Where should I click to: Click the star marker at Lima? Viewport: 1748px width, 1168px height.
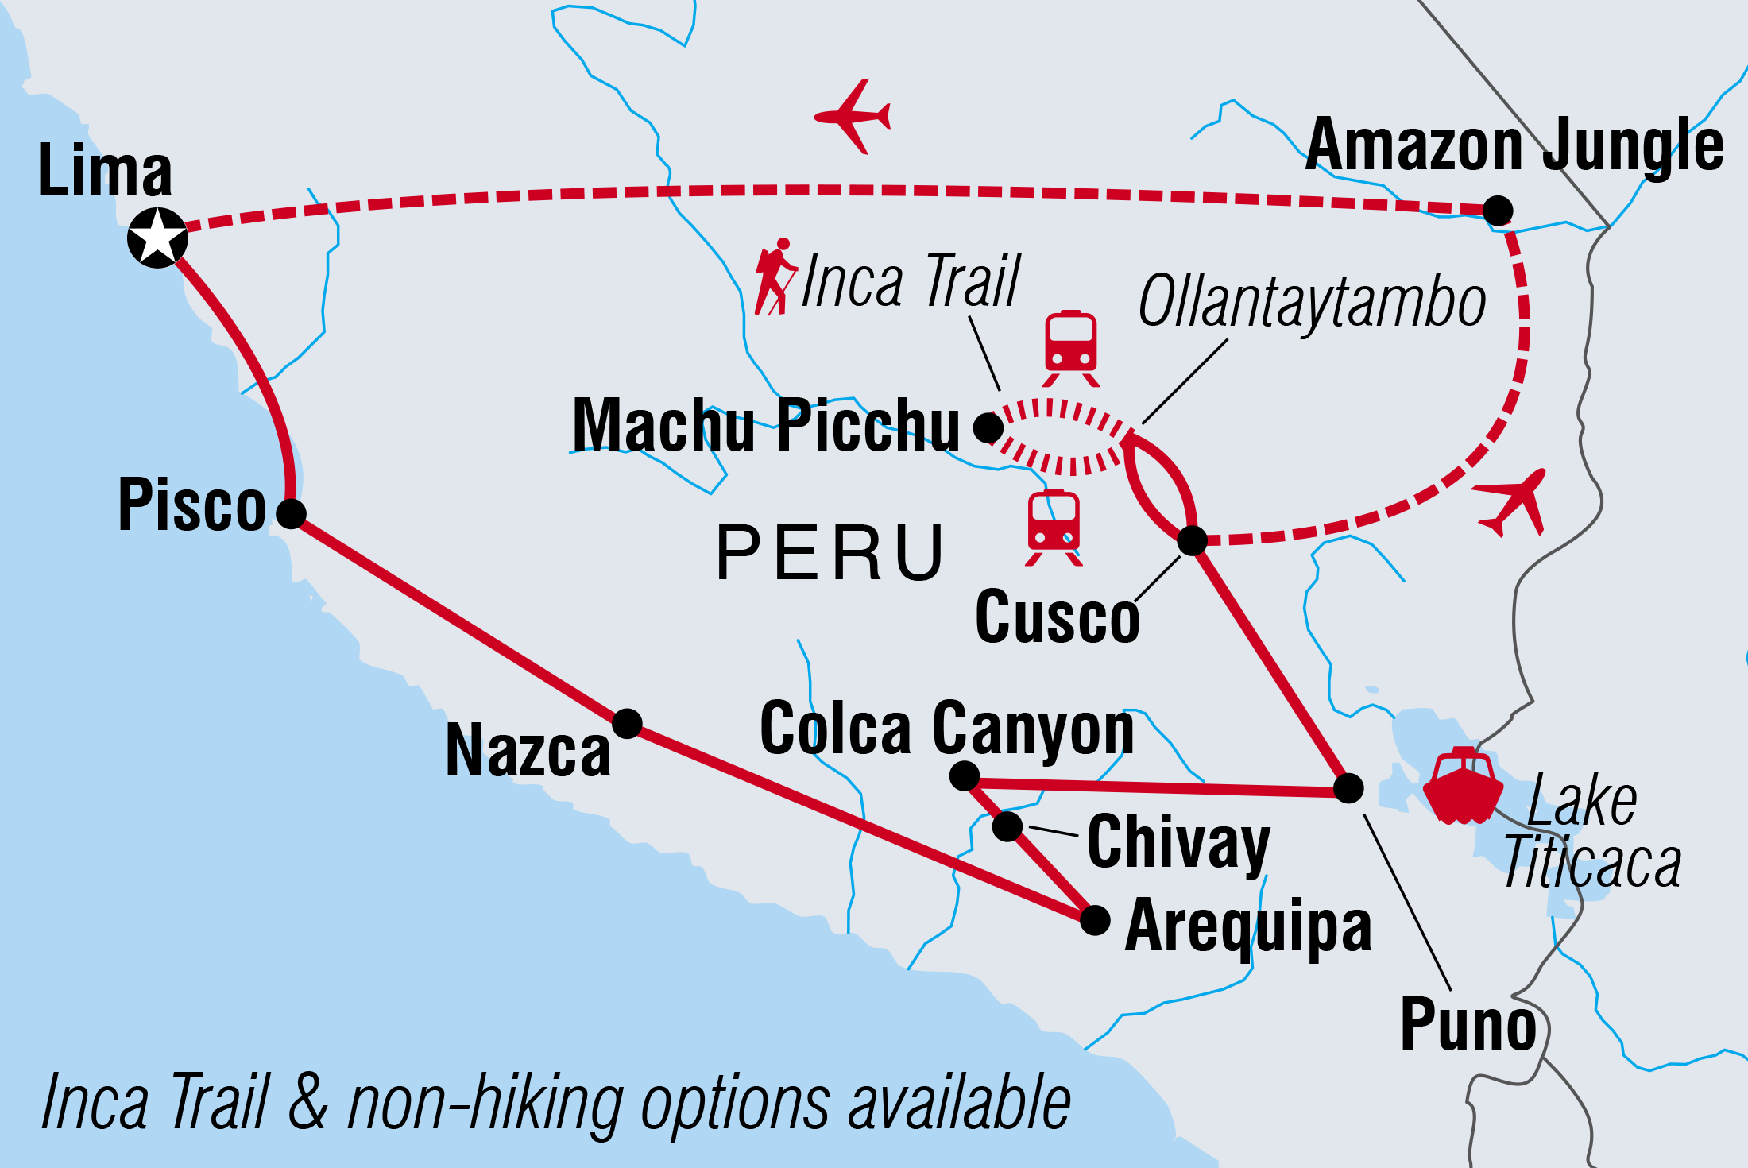pos(157,238)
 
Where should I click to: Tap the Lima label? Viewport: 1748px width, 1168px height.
pos(105,170)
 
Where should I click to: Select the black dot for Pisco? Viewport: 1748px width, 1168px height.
pos(292,513)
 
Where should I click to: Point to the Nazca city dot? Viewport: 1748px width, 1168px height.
pos(627,723)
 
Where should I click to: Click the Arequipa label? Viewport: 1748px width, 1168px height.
pos(1248,927)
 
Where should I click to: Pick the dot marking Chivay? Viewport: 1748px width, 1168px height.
pos(1007,826)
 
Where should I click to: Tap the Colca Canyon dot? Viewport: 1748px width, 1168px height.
pos(965,775)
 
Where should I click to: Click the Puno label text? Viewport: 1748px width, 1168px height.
pos(1468,1025)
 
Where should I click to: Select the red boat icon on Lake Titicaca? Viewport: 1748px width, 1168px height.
pos(1463,786)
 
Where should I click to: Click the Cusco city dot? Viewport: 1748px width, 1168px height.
pos(1192,540)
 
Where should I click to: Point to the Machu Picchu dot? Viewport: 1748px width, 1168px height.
pos(988,427)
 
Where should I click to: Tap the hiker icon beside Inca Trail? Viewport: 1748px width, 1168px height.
pos(775,277)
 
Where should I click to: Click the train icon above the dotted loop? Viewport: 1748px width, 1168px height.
pos(1071,348)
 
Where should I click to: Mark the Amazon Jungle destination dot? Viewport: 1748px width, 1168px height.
pos(1498,211)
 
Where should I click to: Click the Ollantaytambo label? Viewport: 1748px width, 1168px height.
pos(1312,302)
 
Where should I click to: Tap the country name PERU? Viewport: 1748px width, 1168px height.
pos(830,553)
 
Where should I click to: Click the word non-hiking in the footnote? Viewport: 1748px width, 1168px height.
pos(485,1104)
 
